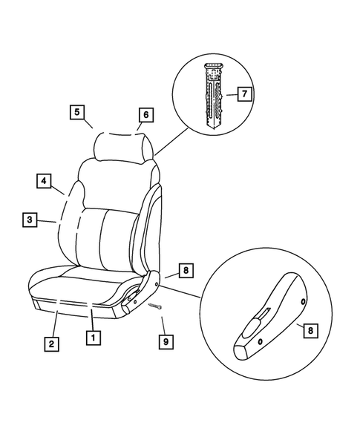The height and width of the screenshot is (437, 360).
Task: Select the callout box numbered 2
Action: coord(50,344)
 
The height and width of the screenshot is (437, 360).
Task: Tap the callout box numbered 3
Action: coord(28,220)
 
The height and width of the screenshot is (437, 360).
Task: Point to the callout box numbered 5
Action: coord(76,113)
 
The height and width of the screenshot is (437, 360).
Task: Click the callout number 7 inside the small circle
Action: coord(240,93)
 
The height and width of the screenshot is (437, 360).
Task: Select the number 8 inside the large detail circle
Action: coord(310,330)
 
